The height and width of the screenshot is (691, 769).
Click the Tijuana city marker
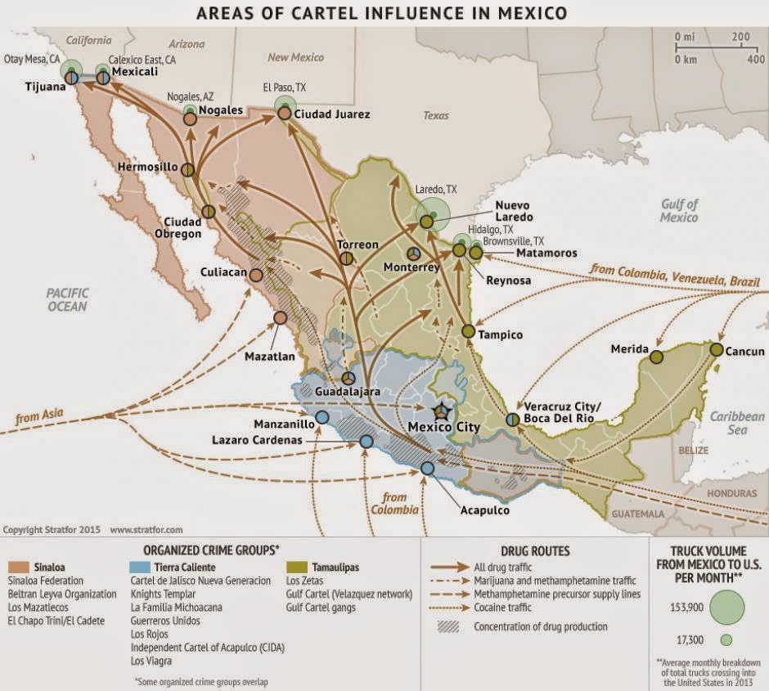coord(72,78)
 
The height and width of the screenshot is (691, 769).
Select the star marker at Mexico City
coord(442,411)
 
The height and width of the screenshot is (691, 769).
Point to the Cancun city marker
coord(717,349)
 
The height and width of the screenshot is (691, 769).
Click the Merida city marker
coord(656,355)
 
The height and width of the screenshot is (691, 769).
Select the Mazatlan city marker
coord(280,317)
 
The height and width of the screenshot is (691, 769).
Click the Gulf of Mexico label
coord(680,212)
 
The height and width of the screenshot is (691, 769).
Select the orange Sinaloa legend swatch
coord(16,566)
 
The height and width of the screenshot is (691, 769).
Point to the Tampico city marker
coord(468,331)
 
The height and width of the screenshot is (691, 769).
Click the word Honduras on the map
coord(734,493)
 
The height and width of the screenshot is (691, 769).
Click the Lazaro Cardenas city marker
coord(366,442)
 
